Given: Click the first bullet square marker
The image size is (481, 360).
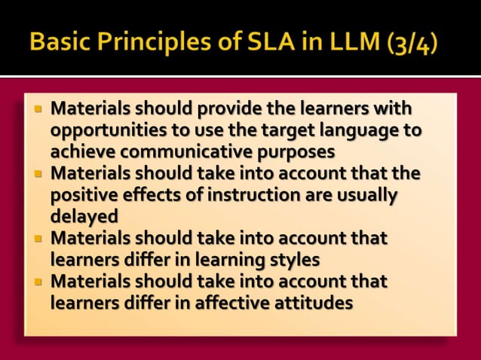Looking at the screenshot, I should tap(38, 108).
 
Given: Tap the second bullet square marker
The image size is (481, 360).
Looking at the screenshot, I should tap(38, 173).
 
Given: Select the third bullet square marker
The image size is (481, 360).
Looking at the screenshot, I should tap(38, 239).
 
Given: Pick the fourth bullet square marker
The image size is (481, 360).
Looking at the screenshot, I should tap(38, 282).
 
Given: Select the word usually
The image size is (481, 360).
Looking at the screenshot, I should tap(357, 195).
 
